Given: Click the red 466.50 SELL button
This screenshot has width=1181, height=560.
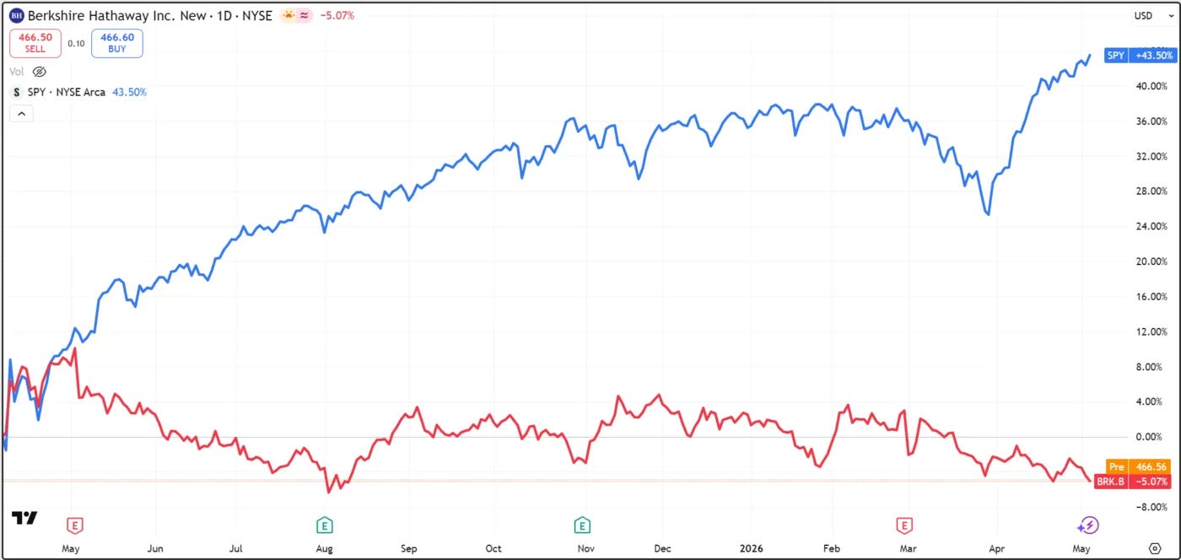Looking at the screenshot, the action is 35,43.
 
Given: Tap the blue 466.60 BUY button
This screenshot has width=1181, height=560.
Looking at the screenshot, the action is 117,43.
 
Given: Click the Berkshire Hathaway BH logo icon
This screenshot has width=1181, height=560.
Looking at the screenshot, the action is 16,16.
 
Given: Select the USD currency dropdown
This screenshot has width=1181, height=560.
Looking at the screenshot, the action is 1153,16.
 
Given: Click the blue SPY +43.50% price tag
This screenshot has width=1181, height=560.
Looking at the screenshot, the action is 1141,56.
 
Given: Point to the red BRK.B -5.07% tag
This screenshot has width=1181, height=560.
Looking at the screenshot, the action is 1132,482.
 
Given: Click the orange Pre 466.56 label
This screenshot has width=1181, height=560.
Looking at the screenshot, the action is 1138,466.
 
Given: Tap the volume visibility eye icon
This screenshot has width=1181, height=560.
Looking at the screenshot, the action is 40,72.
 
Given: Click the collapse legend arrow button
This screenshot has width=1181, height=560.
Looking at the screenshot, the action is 22,114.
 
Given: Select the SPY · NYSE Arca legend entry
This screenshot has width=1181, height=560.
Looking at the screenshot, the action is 67,92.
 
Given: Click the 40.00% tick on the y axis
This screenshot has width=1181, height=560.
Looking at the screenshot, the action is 1151,86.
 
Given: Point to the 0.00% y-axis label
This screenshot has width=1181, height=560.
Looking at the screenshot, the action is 1149,437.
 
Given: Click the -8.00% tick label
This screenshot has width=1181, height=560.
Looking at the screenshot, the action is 1151,507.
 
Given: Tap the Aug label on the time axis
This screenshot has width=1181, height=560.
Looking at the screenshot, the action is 324,548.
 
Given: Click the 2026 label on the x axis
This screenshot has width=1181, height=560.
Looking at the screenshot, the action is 752,548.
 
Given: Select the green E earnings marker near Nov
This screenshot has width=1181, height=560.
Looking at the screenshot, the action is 582,525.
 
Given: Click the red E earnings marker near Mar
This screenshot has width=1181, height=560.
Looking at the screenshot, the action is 904,525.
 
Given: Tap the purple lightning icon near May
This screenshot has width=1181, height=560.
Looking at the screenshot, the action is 1087,525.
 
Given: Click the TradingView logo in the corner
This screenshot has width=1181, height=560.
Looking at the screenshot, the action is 24,519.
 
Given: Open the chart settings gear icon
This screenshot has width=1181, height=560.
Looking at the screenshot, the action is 1155,548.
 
